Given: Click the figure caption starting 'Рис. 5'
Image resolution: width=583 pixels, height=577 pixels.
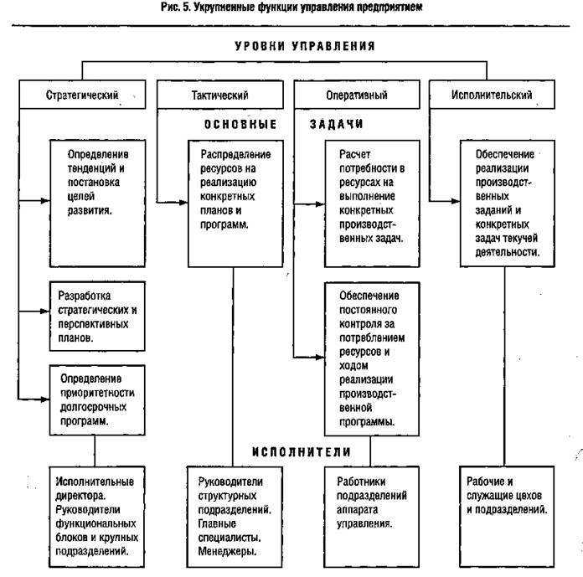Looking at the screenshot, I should tap(292, 8).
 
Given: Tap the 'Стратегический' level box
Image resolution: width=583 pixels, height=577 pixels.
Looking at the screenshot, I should tap(81, 95).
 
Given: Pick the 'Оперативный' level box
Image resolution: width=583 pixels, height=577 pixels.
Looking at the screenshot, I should tap(356, 95).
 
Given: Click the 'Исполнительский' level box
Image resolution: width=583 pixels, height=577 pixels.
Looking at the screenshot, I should tap(492, 95).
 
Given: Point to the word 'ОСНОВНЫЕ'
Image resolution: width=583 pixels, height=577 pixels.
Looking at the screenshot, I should tap(240, 124).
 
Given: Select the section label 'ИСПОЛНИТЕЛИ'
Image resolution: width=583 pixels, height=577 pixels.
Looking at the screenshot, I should tap(302, 452).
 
